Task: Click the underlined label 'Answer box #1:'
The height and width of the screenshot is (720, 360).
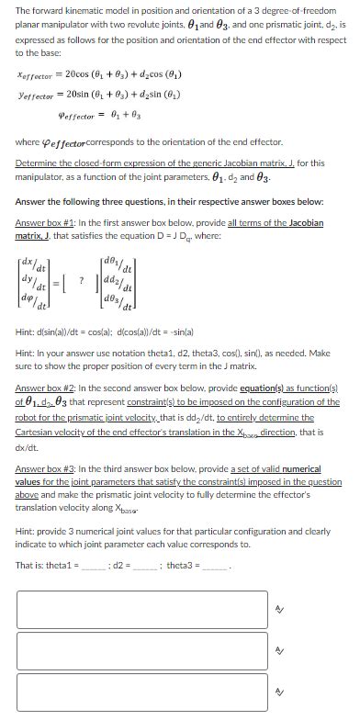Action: tap(42, 223)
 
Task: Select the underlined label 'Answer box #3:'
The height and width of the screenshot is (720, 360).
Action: tap(42, 469)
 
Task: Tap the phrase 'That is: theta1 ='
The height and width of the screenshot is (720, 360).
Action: tap(47, 565)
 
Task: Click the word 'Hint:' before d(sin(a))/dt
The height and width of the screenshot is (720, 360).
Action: tap(26, 328)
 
